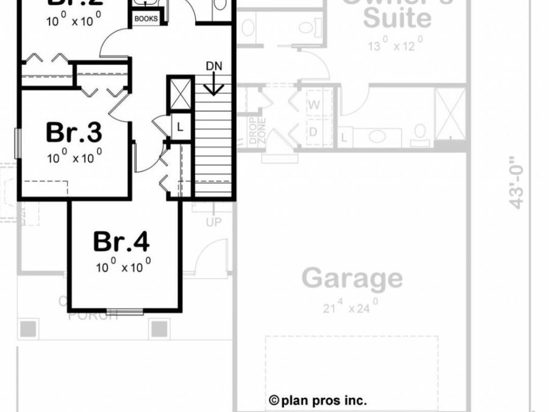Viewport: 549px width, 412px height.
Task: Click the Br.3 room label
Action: click(x=74, y=132)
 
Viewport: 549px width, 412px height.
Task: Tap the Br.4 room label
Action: click(x=121, y=242)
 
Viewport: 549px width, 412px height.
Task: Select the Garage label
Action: click(x=353, y=278)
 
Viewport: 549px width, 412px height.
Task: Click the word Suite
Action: click(x=397, y=18)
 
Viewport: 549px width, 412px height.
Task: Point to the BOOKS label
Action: click(x=146, y=19)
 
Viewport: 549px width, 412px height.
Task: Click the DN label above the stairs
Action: click(x=213, y=65)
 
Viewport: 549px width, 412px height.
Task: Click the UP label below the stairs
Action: click(x=213, y=222)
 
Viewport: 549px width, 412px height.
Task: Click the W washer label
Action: click(x=314, y=104)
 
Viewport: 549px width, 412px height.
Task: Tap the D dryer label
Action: click(x=314, y=132)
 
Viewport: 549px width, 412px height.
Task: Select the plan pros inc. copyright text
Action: click(x=318, y=400)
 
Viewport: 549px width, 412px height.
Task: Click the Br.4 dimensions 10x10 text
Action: click(x=123, y=267)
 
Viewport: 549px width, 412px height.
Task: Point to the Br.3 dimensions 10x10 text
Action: click(x=74, y=157)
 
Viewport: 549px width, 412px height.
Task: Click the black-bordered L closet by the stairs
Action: click(x=180, y=127)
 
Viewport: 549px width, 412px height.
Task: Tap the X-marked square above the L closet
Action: click(x=180, y=94)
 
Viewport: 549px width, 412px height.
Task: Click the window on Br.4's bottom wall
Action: click(x=124, y=311)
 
